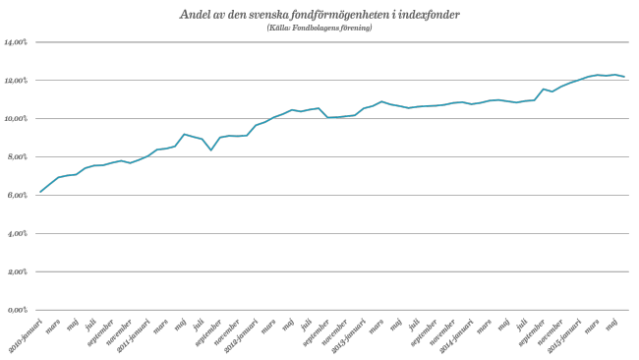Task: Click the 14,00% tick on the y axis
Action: pos(18,42)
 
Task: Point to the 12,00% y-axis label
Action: pos(18,81)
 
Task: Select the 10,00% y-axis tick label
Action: pos(18,119)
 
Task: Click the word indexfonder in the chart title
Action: pos(430,15)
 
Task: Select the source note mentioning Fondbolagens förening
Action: pos(319,27)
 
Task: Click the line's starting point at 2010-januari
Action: pos(39,192)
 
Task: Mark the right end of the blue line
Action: pos(625,77)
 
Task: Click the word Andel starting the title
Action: pos(194,15)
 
